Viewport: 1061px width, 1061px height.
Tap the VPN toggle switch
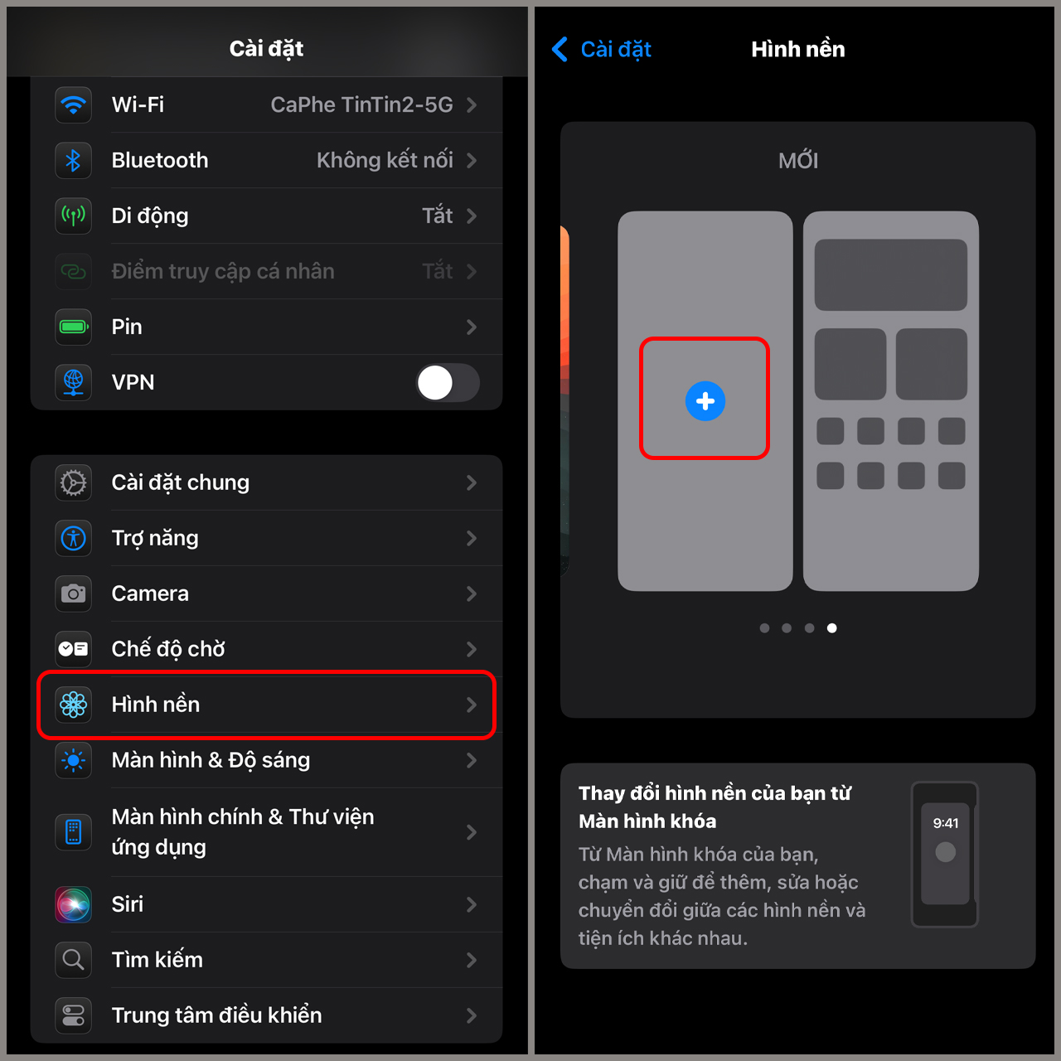(x=448, y=383)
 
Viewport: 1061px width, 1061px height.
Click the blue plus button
(x=705, y=401)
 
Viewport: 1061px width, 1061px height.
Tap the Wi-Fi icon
(x=74, y=105)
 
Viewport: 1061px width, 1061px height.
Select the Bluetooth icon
(x=74, y=161)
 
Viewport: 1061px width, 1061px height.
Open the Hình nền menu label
(x=156, y=705)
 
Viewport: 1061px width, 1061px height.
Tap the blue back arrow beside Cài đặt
(x=560, y=50)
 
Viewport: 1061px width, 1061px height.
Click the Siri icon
(x=74, y=904)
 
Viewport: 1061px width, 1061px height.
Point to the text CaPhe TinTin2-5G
(x=361, y=105)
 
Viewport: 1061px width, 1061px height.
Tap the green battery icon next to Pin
(x=74, y=327)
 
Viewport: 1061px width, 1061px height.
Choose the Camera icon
(x=74, y=594)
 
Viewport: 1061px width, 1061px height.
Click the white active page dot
(x=832, y=628)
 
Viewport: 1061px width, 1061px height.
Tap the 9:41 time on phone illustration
(x=946, y=823)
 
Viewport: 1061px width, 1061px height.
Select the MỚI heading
(x=798, y=161)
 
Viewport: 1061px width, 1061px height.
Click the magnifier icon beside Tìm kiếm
(x=74, y=960)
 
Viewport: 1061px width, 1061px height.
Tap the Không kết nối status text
(x=385, y=161)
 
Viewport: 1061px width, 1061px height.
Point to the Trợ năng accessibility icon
(x=74, y=539)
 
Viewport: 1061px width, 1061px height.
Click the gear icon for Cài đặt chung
(x=74, y=483)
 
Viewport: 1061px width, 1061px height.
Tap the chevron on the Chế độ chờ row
(x=472, y=650)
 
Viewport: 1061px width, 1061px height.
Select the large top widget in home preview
(x=891, y=275)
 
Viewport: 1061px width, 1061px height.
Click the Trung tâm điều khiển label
(x=216, y=1015)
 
